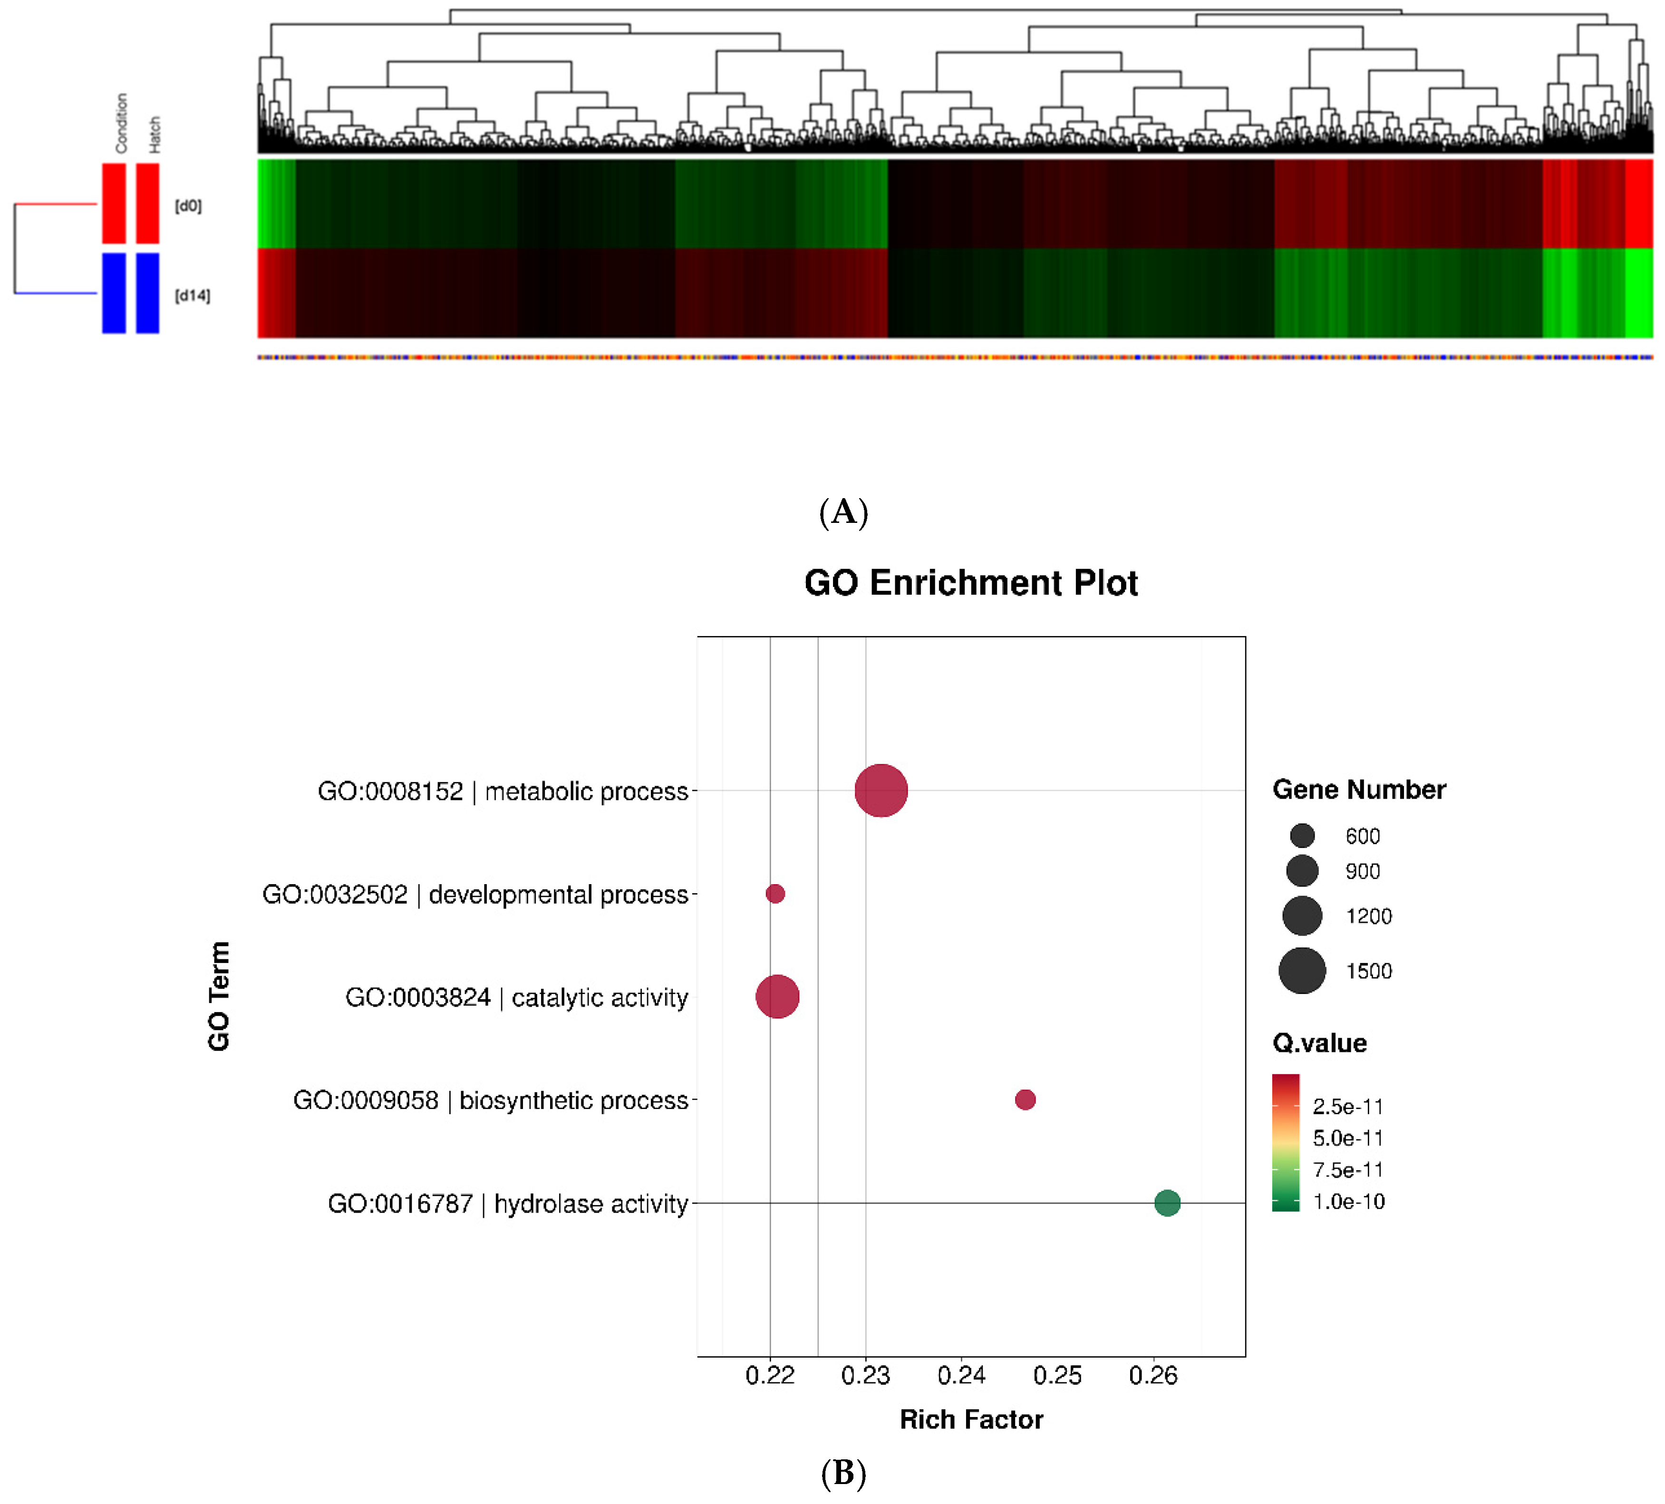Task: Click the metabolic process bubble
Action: click(881, 791)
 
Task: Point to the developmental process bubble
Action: click(774, 894)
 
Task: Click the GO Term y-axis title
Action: click(219, 996)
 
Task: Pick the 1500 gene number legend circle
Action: click(1302, 971)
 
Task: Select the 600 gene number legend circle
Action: click(1302, 836)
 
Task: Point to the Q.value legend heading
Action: click(1319, 1043)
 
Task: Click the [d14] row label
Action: click(193, 296)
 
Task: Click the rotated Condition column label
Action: click(121, 123)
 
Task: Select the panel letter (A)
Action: click(843, 512)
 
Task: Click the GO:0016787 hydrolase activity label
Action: click(507, 1204)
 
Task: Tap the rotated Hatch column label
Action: click(155, 135)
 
